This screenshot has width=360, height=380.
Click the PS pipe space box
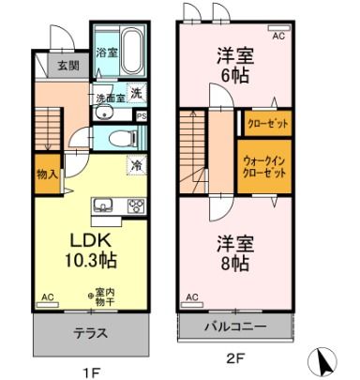(141, 115)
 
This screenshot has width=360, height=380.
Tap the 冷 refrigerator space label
(137, 165)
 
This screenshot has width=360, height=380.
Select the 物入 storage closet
(47, 174)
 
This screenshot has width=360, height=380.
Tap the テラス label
(90, 331)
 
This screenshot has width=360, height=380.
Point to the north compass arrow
(323, 359)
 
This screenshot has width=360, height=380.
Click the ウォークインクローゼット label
(264, 166)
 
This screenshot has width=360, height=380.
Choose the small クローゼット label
(265, 123)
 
